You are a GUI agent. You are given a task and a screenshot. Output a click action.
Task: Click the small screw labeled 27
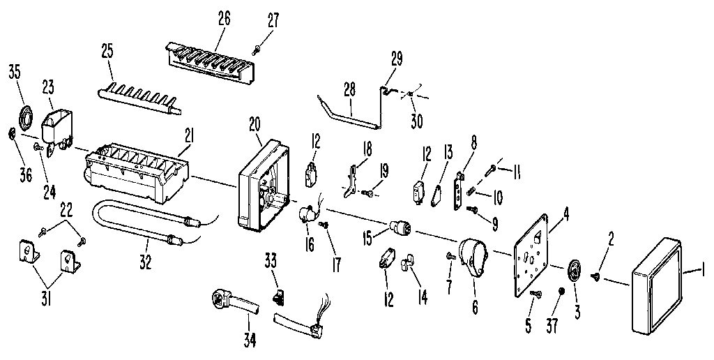tap(257, 47)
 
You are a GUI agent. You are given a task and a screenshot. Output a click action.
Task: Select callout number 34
tap(250, 340)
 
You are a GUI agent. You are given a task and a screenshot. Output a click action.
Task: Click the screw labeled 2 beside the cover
tap(598, 278)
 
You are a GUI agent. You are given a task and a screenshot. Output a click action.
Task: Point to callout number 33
tap(270, 262)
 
